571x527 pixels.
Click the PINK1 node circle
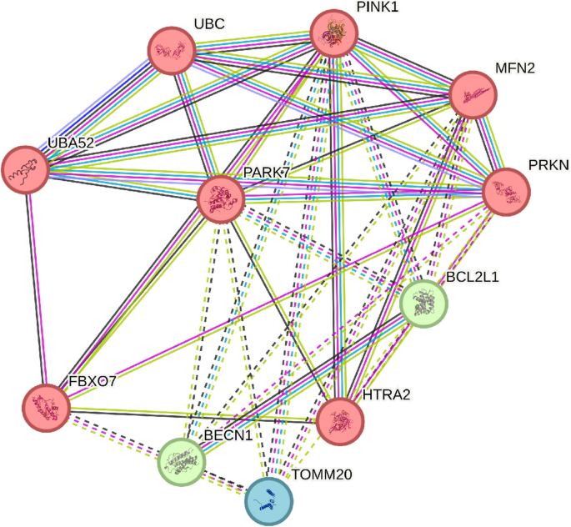[x=334, y=34]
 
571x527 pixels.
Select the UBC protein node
[x=172, y=52]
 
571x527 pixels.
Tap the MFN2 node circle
[x=473, y=95]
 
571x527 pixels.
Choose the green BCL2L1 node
[x=424, y=304]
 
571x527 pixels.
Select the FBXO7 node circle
[x=45, y=409]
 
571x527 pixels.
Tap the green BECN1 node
[x=182, y=461]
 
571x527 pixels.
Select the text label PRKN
[x=548, y=166]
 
